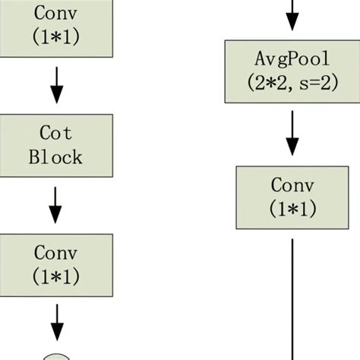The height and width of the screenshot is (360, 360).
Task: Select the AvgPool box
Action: (292, 71)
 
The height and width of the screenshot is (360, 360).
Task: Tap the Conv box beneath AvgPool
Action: (292, 197)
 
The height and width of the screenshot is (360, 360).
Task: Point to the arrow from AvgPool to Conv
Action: (292, 134)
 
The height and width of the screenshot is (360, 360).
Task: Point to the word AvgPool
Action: (292, 60)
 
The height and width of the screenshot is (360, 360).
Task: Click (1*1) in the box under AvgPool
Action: (292, 208)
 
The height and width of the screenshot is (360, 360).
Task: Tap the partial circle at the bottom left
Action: (55, 355)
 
